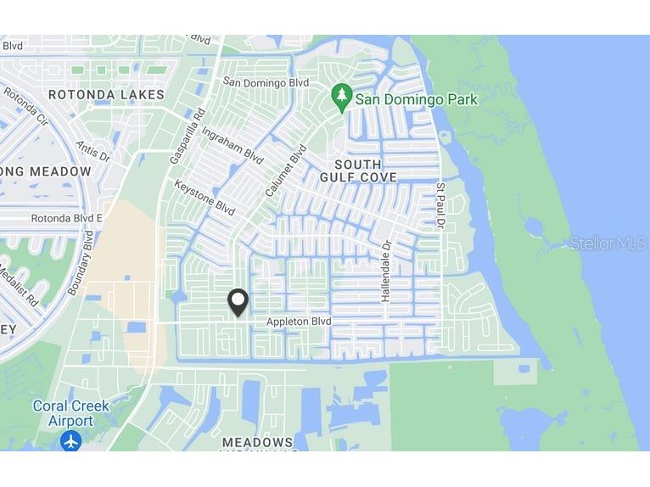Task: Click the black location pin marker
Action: click(238, 302)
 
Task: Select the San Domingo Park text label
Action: click(416, 99)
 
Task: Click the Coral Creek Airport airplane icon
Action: click(71, 440)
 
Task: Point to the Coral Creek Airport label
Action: click(70, 413)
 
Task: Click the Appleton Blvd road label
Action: click(298, 322)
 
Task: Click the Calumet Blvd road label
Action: click(286, 171)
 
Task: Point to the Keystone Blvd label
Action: click(205, 197)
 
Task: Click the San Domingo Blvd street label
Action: click(265, 82)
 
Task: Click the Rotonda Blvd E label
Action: click(67, 218)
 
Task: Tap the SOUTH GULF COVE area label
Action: click(358, 170)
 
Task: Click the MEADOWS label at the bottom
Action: click(257, 442)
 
